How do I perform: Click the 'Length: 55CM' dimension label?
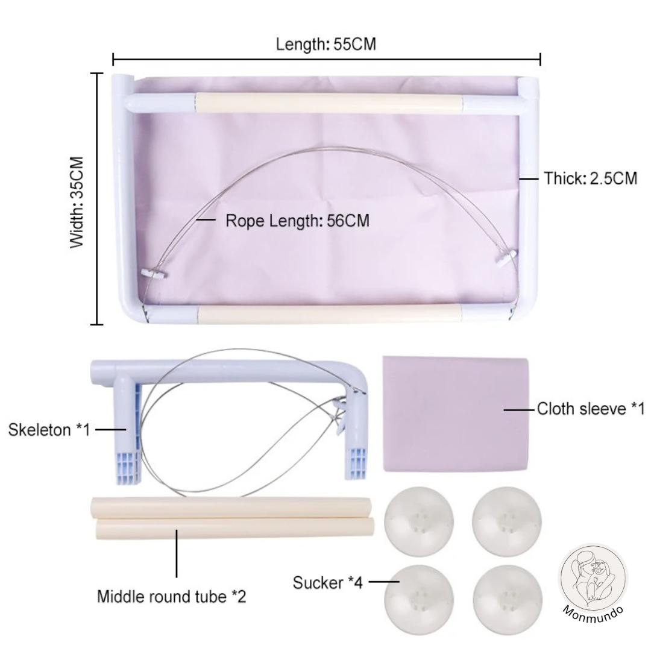[326, 44]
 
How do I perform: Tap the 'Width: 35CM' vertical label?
[77, 203]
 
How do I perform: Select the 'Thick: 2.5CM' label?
[590, 178]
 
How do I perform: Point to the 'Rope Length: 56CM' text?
[297, 221]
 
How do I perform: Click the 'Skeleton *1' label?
[49, 430]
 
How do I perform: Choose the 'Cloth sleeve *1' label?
[590, 409]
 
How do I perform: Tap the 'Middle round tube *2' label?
[171, 597]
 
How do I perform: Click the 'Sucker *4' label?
[327, 582]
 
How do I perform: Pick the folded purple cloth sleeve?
[456, 414]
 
